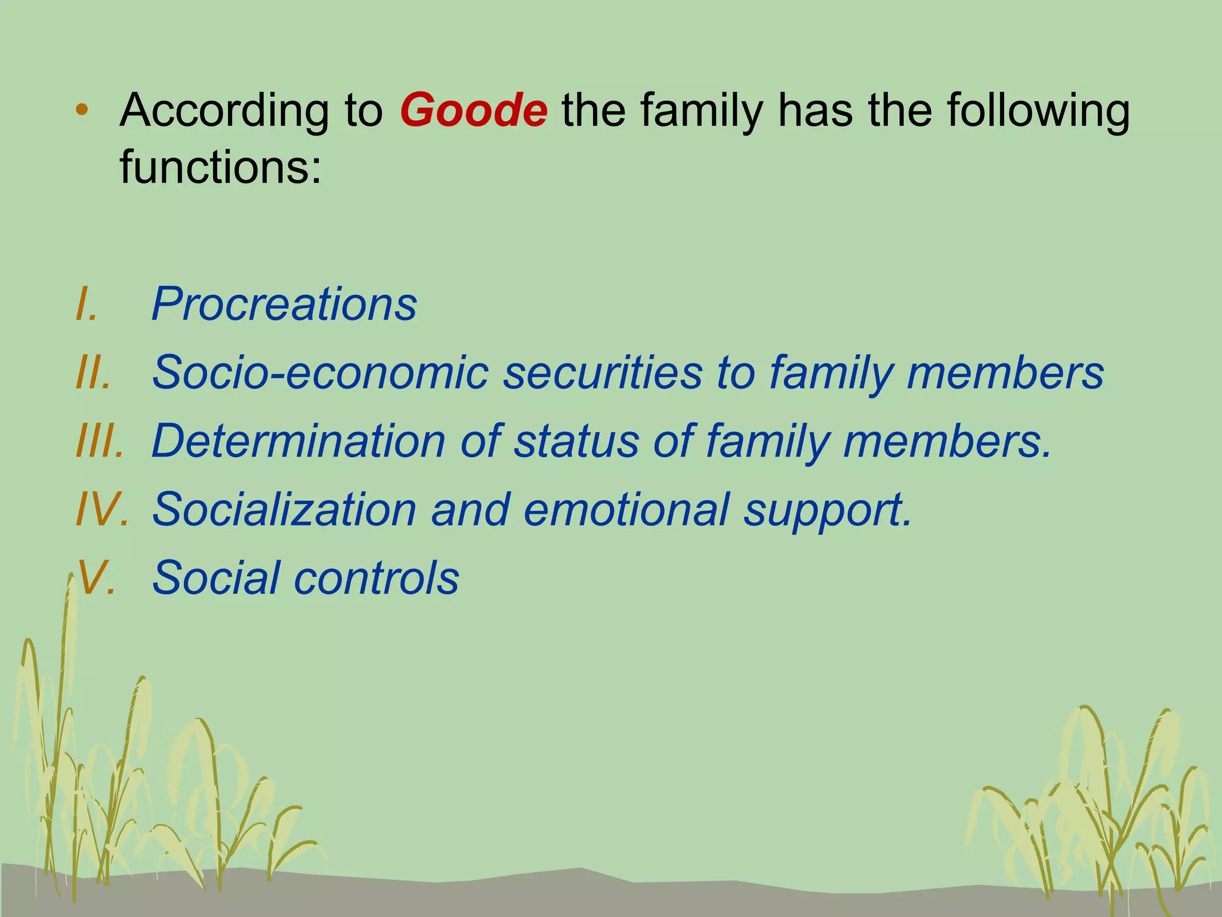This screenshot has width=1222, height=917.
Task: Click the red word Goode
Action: coord(473,110)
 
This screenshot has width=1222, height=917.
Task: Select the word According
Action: coord(224,112)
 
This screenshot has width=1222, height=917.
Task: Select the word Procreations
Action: coord(284,303)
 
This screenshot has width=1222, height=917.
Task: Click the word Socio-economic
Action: coord(320,372)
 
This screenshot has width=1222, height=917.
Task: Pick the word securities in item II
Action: coord(603,372)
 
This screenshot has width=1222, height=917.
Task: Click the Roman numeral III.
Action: coord(100,441)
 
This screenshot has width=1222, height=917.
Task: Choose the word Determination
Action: coord(298,441)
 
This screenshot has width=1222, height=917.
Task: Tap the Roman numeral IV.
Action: coord(102,509)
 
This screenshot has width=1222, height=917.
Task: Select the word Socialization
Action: coord(284,509)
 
